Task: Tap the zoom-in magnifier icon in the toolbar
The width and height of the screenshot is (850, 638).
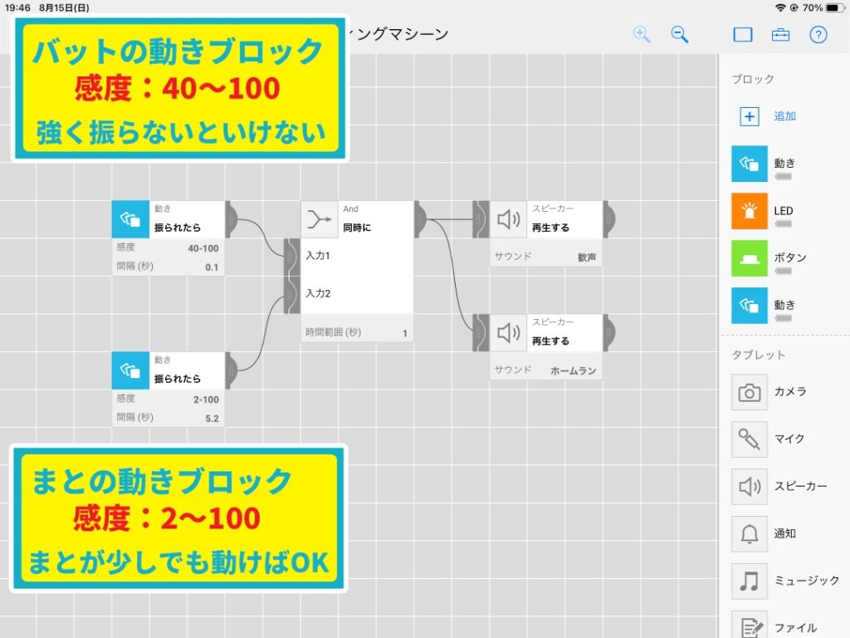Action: [642, 34]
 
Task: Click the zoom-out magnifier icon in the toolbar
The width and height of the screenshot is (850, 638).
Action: [679, 34]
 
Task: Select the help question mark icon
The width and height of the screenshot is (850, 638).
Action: [818, 35]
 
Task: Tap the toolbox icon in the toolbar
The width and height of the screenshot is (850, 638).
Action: [780, 35]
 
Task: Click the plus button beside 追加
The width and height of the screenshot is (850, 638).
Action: [750, 116]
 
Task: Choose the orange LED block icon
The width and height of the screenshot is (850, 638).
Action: [750, 211]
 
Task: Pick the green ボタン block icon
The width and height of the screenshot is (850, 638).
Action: [750, 258]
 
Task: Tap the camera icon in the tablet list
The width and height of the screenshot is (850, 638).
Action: [750, 392]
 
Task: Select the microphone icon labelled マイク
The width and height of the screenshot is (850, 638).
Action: [750, 439]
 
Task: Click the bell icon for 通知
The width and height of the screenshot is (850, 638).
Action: [750, 534]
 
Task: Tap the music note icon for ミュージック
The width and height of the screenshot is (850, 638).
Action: [750, 581]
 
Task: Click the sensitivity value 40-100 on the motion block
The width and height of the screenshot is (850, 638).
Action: [203, 248]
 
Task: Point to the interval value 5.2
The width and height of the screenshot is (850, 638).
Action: [212, 419]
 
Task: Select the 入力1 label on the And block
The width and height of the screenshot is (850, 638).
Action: [318, 256]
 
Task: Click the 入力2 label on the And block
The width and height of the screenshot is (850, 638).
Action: [318, 293]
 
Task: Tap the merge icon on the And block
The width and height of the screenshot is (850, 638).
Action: [320, 219]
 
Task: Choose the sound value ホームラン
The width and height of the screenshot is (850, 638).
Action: [573, 371]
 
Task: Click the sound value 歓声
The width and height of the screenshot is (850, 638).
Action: [587, 258]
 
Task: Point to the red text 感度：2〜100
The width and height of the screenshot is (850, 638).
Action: [167, 518]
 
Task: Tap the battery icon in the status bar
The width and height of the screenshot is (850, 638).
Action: [835, 7]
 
